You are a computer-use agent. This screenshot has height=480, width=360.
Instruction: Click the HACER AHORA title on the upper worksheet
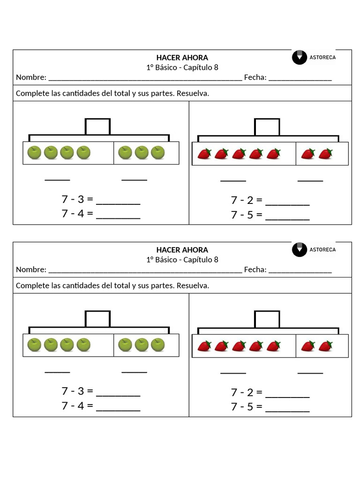[x=182, y=58]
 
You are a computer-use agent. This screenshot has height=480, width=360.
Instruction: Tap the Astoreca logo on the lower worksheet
[x=314, y=249]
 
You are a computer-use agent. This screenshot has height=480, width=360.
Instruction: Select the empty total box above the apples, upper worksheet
[x=97, y=127]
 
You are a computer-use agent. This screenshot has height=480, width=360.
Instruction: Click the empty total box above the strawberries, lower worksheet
[x=267, y=319]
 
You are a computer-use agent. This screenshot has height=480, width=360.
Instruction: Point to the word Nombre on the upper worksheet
[x=31, y=77]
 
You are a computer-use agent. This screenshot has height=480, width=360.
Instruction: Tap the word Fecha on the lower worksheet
[x=255, y=270]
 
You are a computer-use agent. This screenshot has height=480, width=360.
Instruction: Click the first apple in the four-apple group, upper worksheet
[x=35, y=152]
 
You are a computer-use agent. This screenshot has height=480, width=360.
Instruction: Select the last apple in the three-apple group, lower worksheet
[x=158, y=345]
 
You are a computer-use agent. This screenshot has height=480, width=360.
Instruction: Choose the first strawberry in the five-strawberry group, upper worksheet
[x=204, y=153]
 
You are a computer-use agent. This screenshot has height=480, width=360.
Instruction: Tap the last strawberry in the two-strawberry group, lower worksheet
[x=325, y=346]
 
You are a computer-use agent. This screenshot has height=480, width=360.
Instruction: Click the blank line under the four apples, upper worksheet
[x=57, y=179]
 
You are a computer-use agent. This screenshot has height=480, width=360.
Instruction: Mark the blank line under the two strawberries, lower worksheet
[x=310, y=373]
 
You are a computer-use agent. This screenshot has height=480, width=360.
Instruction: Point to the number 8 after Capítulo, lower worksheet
[x=216, y=260]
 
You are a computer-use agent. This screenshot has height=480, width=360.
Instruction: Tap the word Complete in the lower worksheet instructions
[x=31, y=285]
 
